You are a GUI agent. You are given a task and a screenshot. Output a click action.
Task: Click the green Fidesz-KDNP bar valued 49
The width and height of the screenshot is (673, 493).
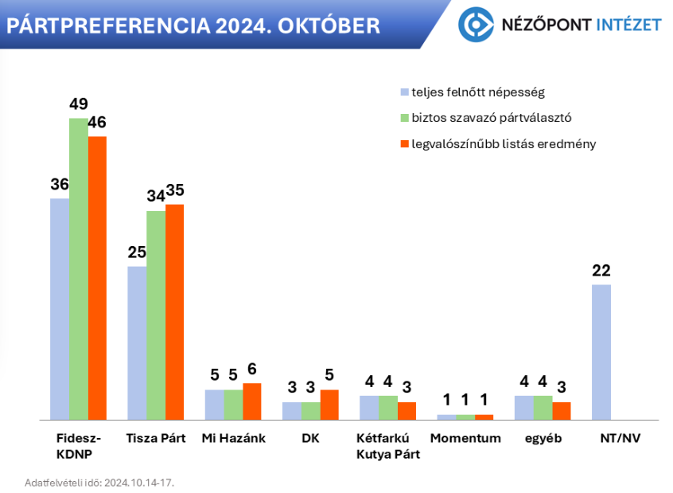coord(78,268)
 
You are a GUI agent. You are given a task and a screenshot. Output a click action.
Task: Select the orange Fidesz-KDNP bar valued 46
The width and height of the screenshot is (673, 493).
coord(97,278)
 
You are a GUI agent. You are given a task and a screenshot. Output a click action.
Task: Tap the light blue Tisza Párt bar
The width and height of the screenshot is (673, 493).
coord(137,342)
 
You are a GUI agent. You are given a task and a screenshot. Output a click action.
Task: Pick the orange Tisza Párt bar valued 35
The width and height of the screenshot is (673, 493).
coord(174,311)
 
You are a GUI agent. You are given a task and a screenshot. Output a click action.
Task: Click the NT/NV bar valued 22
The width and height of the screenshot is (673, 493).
coord(601,352)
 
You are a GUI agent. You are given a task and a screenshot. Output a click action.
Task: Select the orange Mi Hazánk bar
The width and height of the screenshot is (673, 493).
coord(251,401)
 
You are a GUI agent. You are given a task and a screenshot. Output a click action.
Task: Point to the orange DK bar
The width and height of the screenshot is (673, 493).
coord(329,405)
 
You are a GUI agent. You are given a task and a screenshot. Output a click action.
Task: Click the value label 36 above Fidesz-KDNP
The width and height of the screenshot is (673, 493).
coord(60,185)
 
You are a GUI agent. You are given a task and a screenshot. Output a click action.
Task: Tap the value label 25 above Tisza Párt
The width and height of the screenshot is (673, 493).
coord(137,252)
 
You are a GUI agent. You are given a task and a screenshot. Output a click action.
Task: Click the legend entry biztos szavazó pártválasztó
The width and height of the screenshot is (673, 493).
coord(491,118)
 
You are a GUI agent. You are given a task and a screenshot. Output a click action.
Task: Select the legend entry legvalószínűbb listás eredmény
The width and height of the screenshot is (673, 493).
coord(503,144)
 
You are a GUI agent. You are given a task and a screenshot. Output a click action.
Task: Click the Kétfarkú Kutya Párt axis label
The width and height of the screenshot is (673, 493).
coord(389,446)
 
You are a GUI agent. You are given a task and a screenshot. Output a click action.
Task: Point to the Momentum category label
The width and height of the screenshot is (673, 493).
coord(465,438)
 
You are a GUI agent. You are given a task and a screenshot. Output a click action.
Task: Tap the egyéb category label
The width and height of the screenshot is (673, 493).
coord(543,438)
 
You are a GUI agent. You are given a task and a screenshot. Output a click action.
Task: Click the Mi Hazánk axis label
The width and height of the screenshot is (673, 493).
coord(233,438)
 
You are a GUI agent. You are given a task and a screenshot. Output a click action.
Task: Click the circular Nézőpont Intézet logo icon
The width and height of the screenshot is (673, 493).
coord(475,24)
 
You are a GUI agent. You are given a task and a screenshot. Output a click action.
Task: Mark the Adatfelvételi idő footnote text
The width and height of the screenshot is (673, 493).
coord(99,483)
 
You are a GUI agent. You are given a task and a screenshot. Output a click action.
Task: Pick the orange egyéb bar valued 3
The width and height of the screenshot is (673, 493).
coord(562,410)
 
